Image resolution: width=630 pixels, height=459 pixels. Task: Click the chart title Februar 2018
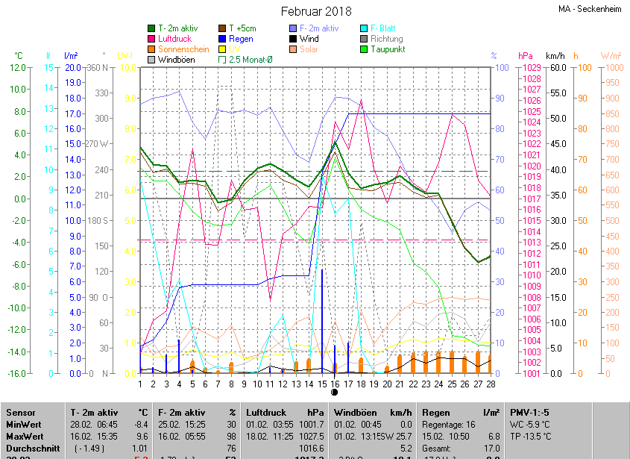pos(316,11)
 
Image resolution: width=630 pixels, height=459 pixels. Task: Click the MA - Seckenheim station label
pos(590,10)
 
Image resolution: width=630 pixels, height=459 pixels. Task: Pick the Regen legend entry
pos(241,39)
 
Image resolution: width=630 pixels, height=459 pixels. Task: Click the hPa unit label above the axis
pos(526,56)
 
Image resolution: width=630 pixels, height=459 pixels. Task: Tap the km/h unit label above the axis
pos(555,56)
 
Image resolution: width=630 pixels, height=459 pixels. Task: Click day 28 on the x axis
pos(491,384)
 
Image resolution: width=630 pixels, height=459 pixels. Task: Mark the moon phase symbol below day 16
pos(335,392)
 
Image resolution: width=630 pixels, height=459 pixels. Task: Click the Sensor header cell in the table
pos(21,413)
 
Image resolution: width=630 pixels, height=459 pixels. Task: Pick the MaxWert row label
pos(25,436)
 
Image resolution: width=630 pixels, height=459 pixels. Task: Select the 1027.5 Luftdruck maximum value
pos(312,436)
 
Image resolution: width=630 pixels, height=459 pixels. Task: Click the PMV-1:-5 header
pos(529,413)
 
